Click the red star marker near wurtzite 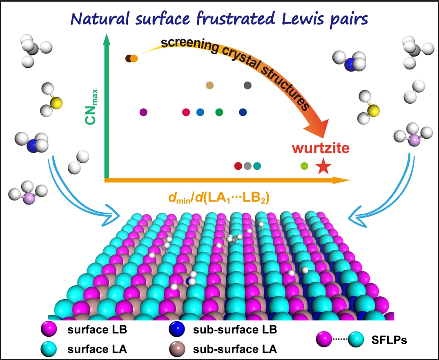323,166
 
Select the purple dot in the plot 143,112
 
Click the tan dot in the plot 210,85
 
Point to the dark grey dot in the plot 247,85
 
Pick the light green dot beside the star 304,166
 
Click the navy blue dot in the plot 243,112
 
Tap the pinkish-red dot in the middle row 186,112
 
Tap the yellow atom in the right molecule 372,110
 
